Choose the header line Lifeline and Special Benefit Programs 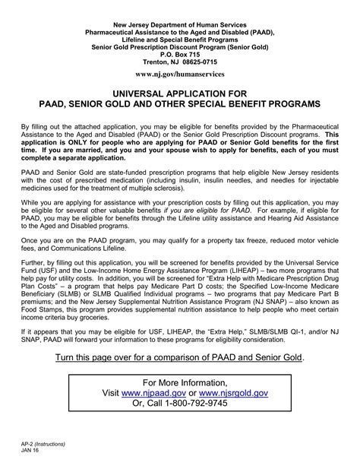tap(180, 27)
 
